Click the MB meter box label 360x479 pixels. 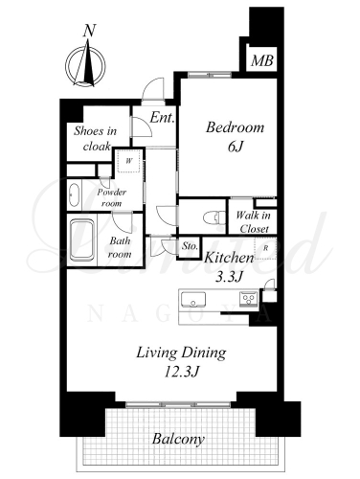pos(262,60)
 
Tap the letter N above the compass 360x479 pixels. pos(90,31)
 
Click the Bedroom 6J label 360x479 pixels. pos(235,137)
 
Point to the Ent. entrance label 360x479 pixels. pos(163,118)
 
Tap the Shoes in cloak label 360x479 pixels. pos(95,139)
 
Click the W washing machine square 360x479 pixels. pos(129,161)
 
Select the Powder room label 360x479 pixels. pos(112,197)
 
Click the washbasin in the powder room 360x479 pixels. pos(74,195)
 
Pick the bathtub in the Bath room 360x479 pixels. pos(82,239)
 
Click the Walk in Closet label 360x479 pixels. pos(254,222)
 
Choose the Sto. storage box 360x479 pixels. pos(190,247)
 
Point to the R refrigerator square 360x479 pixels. pos(265,248)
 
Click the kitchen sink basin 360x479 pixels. pos(193,300)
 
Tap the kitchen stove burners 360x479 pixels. pos(249,300)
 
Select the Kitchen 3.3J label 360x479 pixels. pos(229,267)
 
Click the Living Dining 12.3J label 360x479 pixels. pos(182,362)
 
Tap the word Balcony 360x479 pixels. pos(178,440)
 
